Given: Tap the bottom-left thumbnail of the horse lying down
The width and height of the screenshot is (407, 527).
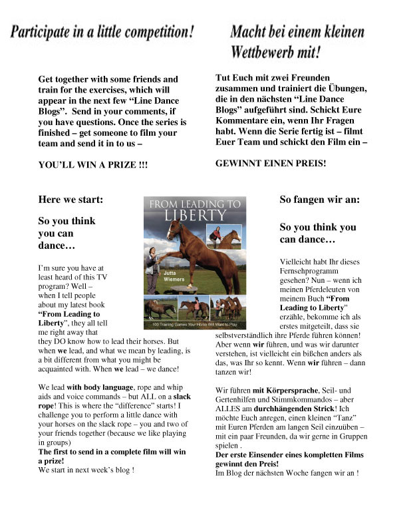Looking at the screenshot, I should (x=160, y=308).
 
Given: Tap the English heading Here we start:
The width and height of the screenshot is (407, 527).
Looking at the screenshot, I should (x=70, y=199).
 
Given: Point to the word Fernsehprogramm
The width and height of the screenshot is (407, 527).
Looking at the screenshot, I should (x=309, y=271).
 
